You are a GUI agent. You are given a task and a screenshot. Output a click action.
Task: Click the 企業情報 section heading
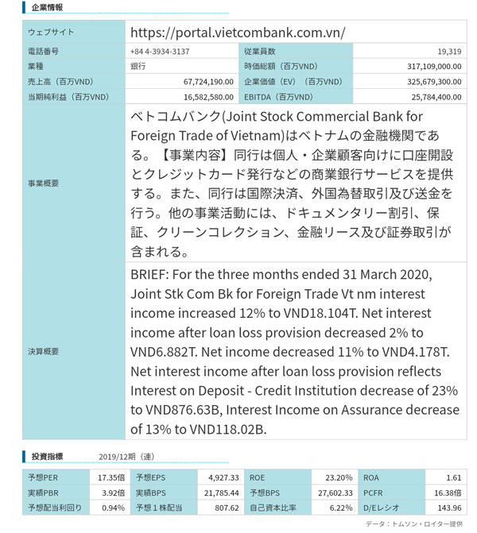coord(47,7)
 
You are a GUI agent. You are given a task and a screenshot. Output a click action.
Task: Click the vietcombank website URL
coord(237,33)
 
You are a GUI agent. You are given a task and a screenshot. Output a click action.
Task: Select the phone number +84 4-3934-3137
coord(159,52)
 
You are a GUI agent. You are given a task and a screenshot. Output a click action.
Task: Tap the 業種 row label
coord(37,67)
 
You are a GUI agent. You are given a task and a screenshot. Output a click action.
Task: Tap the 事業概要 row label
coord(43,183)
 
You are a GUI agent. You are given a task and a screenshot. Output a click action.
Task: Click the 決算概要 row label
coord(43,350)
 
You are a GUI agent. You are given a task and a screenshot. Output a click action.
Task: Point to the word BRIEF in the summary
coord(151,275)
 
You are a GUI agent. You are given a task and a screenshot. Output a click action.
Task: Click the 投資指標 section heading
coord(48,457)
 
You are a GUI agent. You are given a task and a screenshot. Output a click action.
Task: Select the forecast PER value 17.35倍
coord(111,477)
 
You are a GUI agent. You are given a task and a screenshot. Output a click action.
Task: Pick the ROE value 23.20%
coord(339,477)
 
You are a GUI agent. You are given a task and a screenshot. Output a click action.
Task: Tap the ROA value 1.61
coord(453,477)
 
